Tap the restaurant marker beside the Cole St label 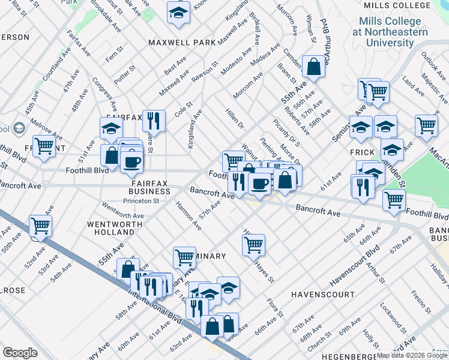point(154,121)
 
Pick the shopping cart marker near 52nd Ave point(41,226)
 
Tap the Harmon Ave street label point(188,215)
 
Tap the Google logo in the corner point(20,353)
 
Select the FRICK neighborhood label point(363,153)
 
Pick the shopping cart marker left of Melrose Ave point(44,146)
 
